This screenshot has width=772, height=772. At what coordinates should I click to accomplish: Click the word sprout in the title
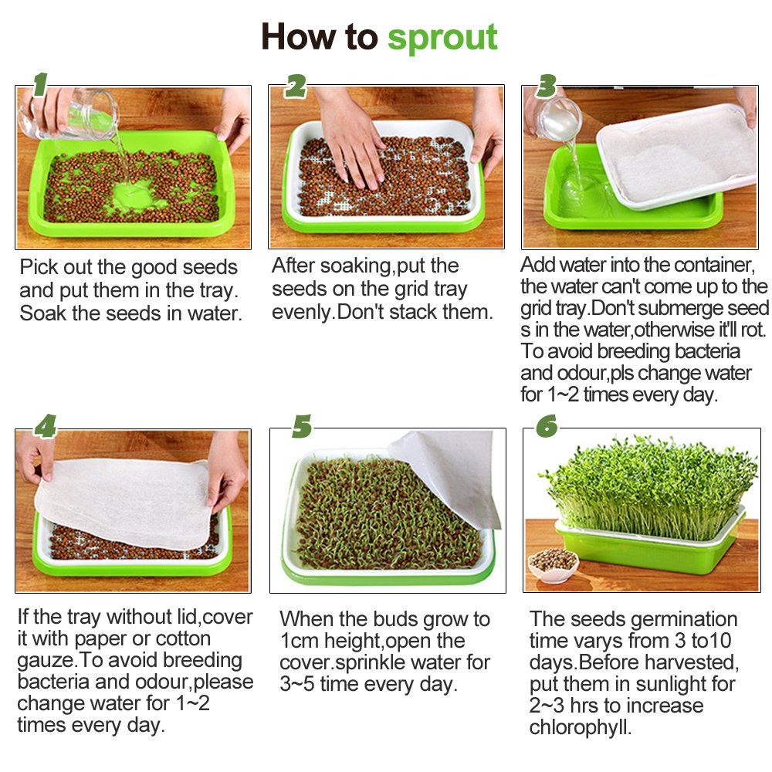[x=442, y=37]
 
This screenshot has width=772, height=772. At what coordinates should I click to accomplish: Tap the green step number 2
[x=295, y=86]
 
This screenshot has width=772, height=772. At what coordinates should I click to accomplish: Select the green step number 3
[x=547, y=86]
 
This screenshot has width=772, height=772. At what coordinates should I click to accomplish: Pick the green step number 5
[x=302, y=425]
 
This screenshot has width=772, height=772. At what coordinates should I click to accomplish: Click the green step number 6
[x=547, y=425]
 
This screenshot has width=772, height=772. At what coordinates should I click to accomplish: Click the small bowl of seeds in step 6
[x=553, y=564]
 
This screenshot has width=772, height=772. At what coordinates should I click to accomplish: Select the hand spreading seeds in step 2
[x=351, y=135]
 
